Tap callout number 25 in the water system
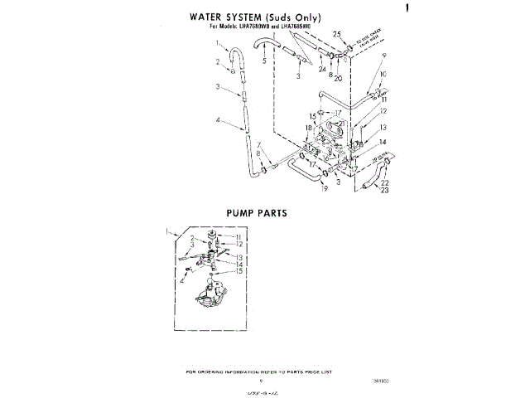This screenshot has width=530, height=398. [336, 33]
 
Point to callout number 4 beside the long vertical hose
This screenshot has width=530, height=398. [219, 120]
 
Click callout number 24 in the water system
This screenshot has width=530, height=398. [321, 69]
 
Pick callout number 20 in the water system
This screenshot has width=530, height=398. [338, 78]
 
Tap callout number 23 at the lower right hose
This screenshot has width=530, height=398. [384, 190]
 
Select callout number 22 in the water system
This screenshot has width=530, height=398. [384, 182]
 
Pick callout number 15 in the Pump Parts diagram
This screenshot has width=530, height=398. [239, 271]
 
